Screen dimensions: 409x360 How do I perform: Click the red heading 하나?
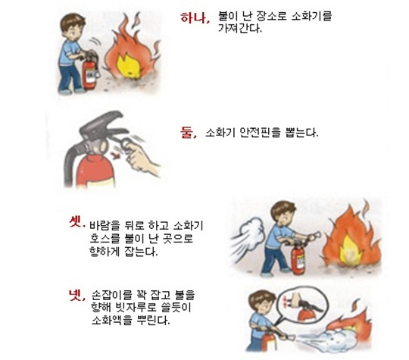[x=195, y=17]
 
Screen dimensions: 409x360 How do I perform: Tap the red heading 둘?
[x=188, y=133]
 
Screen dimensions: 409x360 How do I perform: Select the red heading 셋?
[x=77, y=222]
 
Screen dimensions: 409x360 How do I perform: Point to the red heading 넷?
[x=77, y=295]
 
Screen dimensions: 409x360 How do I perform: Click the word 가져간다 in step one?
[x=239, y=28]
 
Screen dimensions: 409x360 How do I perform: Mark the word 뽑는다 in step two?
[x=301, y=133]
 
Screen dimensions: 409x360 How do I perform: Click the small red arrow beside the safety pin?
[x=114, y=156]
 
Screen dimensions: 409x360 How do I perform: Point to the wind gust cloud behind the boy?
[x=248, y=236]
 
